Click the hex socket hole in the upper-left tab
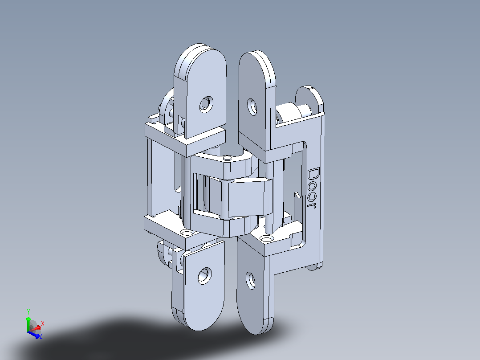tap(206, 104)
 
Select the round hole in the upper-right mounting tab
tap(252, 107)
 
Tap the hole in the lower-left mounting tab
tap(204, 276)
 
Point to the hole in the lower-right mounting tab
tap(250, 280)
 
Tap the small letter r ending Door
tap(312, 205)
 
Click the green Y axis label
tap(28, 312)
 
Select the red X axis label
tap(43, 323)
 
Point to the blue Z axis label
tap(41, 335)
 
